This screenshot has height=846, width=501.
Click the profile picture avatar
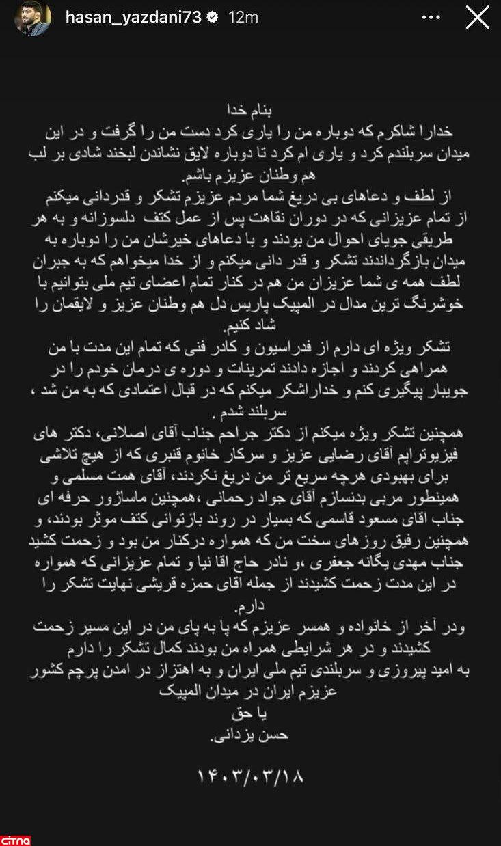pos(32,18)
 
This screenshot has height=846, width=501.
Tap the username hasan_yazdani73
pos(133,18)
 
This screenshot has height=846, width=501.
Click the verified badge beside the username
pos(213,18)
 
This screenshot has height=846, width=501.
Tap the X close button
pos(477,17)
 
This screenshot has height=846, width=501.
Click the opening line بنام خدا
pos(250,109)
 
